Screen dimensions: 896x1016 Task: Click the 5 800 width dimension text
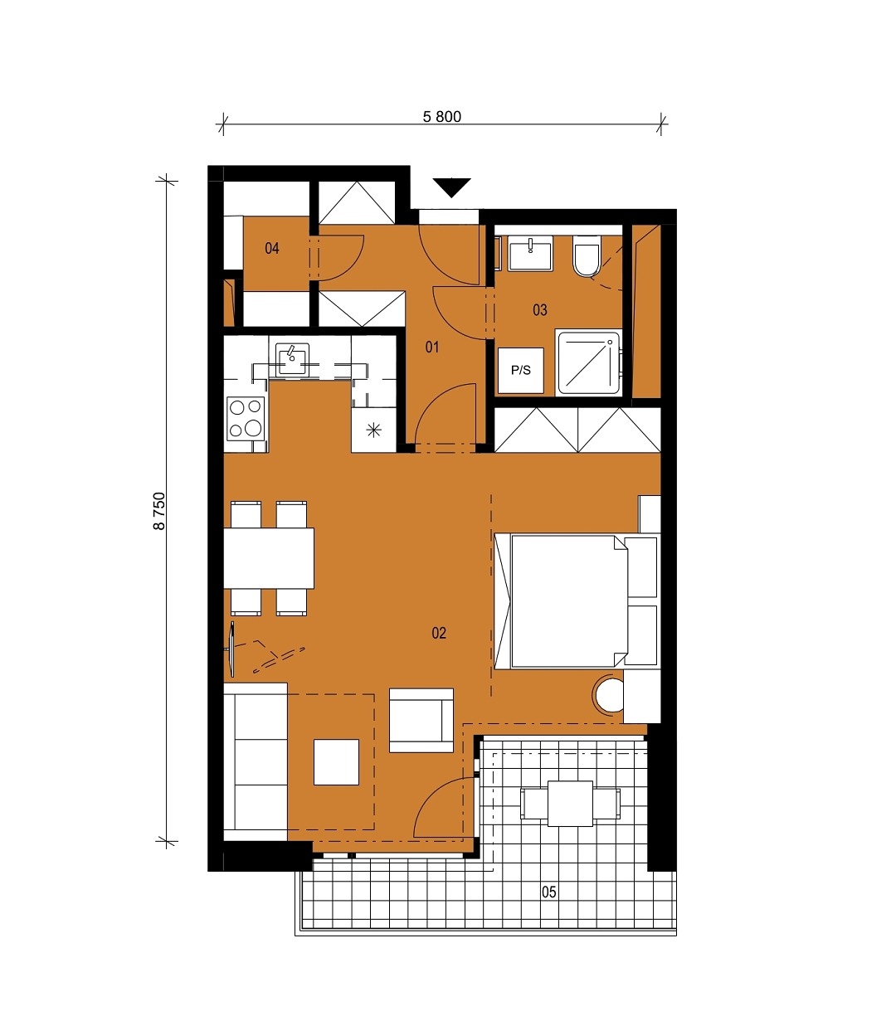[x=441, y=116]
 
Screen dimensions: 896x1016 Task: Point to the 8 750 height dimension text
[x=159, y=511]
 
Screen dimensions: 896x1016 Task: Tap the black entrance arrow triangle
[x=452, y=187]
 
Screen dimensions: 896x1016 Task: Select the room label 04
[x=272, y=248]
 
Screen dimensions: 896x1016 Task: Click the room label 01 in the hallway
[x=432, y=347]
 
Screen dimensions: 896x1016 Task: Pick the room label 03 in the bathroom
[x=540, y=310]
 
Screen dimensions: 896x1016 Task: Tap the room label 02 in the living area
[x=439, y=634]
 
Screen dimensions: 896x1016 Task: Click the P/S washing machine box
[x=521, y=371]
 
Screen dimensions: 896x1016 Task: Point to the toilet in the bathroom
[x=587, y=256]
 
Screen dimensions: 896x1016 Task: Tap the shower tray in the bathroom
[x=588, y=362]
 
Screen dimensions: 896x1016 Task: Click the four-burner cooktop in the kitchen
[x=246, y=419]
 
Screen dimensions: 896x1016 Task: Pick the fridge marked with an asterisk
[x=374, y=430]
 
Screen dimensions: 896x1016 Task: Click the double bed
[x=569, y=601]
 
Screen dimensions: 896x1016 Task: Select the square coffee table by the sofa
[x=336, y=762]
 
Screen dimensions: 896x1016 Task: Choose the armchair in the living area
[x=421, y=720]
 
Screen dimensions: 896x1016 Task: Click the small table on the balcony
[x=571, y=804]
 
